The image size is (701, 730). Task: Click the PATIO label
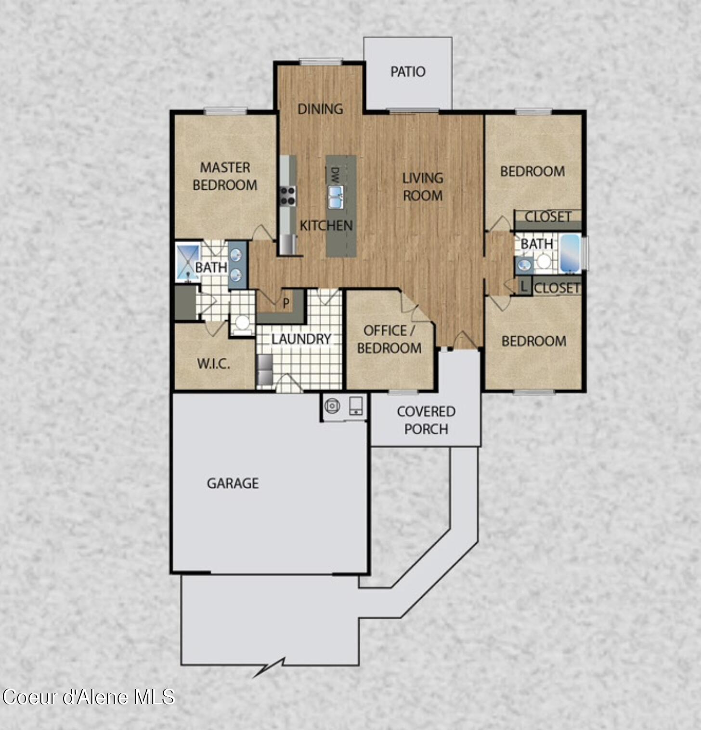point(408,72)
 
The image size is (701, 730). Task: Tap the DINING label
point(320,109)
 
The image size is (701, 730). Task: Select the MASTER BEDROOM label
point(225,176)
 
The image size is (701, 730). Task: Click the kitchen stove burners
point(288,196)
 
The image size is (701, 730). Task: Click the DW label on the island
point(335,174)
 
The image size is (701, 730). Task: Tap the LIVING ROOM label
point(423,187)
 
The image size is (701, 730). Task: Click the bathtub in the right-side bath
point(570,253)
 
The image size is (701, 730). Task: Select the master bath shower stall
point(188,262)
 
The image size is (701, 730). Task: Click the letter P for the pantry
point(286,303)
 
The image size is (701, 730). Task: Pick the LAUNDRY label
point(301,339)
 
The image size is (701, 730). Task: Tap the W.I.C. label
point(213,364)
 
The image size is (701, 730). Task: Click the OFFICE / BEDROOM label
point(389,339)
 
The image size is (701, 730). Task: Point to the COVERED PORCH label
point(426,420)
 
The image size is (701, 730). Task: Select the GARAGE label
point(233,483)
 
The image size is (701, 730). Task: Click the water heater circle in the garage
point(332,406)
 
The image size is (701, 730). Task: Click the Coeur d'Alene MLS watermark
point(88,697)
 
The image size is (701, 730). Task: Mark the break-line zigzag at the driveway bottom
point(270,668)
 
